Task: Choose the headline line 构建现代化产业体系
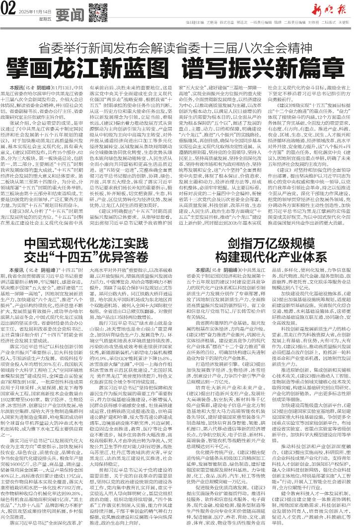coord(269,217)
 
